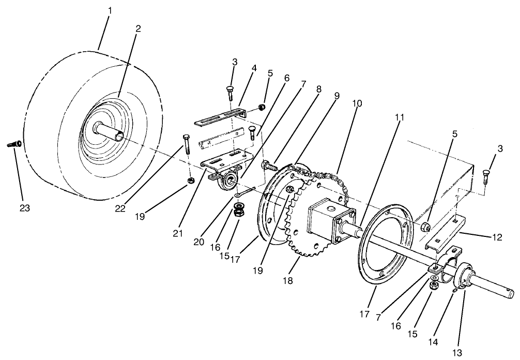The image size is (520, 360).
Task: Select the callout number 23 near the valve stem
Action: tap(24, 208)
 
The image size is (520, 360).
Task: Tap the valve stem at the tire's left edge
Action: tap(13, 144)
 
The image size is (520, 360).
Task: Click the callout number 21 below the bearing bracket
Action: tap(178, 234)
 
